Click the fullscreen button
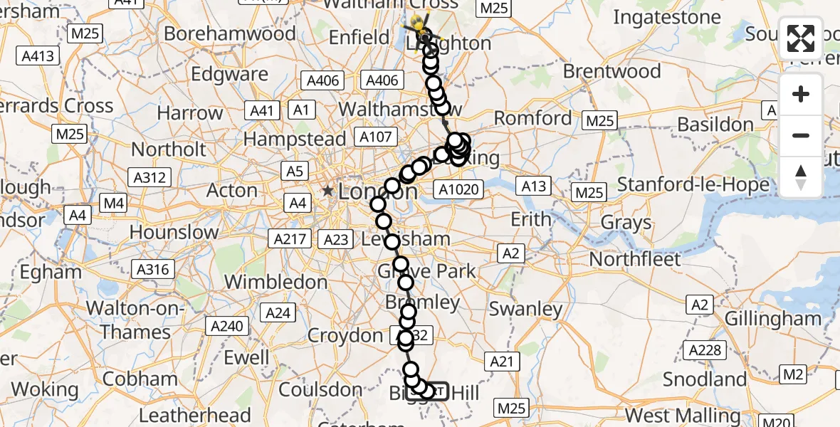[x=801, y=38]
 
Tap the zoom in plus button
[x=801, y=95]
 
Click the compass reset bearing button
[x=801, y=176]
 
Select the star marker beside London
[x=327, y=191]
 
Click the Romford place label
[x=534, y=118]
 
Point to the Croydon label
[x=345, y=335]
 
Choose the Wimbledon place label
[x=275, y=282]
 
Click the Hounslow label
[x=174, y=232]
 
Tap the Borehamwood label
[x=230, y=33]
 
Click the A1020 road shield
[x=460, y=189]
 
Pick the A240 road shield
[x=227, y=327]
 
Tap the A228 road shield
[x=707, y=349]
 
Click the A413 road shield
[x=38, y=56]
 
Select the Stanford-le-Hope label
[x=693, y=185]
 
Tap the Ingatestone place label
[x=667, y=17]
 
